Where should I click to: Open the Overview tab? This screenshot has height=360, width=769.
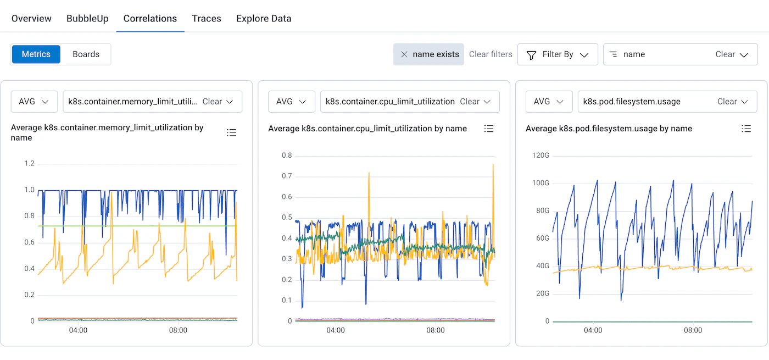click(x=31, y=18)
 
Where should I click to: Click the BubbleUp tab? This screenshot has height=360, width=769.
click(x=87, y=18)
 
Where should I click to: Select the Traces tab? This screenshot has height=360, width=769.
click(x=207, y=18)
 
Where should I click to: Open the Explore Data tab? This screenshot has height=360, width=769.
click(x=264, y=18)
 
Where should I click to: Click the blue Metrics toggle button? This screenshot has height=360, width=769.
click(x=36, y=54)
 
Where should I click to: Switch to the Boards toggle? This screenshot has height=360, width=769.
click(x=86, y=54)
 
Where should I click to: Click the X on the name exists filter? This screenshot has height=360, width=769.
click(x=404, y=54)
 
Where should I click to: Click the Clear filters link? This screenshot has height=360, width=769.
click(x=491, y=54)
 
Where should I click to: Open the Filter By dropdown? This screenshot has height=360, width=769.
click(x=558, y=54)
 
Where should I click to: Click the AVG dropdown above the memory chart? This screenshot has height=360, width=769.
click(x=34, y=102)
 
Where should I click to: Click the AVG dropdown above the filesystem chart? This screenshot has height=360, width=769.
click(x=549, y=102)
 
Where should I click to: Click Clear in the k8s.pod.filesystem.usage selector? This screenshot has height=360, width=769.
click(x=727, y=102)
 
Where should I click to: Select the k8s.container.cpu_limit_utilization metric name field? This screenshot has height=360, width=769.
click(x=390, y=102)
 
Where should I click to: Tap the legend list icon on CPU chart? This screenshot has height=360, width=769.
click(x=489, y=129)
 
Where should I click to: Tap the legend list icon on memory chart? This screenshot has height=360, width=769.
click(x=231, y=132)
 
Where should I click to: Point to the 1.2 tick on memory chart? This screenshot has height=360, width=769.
click(x=29, y=163)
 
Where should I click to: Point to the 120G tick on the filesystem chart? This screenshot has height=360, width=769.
click(x=540, y=155)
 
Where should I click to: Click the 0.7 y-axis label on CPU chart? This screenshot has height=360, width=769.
click(x=287, y=176)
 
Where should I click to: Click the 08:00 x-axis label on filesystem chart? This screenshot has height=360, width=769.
click(x=693, y=330)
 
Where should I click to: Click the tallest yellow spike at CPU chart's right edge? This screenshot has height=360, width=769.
click(x=493, y=165)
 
